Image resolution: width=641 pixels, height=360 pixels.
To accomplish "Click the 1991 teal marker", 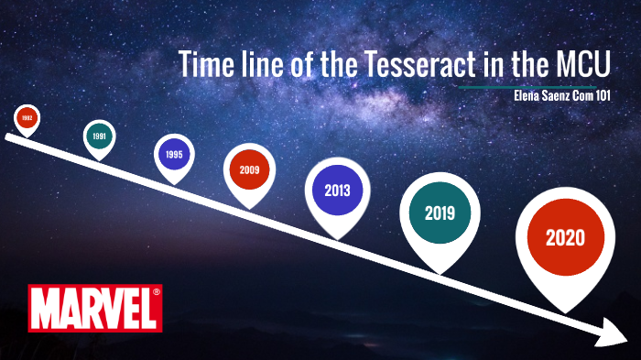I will click(x=99, y=136).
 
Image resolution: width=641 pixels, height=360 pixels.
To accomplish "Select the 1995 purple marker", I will click(x=174, y=155).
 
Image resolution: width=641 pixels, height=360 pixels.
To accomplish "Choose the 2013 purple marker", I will click(x=338, y=190).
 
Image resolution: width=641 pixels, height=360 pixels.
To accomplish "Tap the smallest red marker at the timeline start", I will click(x=27, y=118).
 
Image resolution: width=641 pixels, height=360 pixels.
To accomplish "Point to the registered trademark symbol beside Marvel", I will click(x=156, y=292).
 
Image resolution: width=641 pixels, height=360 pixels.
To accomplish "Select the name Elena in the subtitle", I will click(x=529, y=96).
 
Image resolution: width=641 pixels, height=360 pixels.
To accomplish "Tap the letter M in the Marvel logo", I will click(x=45, y=309).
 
